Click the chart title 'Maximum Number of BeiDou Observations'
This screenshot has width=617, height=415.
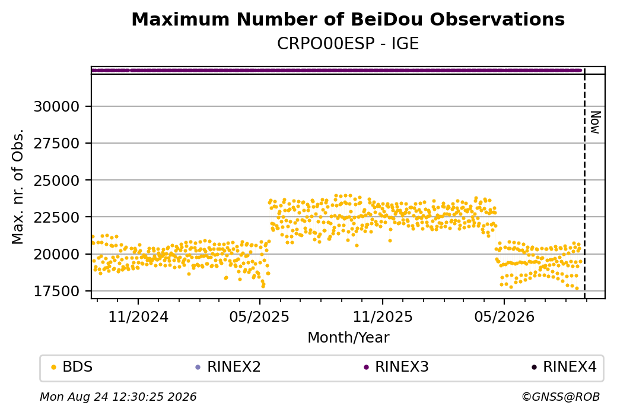pyautogui.click(x=348, y=19)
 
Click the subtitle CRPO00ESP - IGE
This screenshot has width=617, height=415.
pyautogui.click(x=348, y=44)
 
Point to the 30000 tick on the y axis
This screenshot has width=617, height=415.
pyautogui.click(x=57, y=106)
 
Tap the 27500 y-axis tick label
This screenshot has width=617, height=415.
pyautogui.click(x=57, y=143)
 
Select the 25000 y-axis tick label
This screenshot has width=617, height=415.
pyautogui.click(x=57, y=180)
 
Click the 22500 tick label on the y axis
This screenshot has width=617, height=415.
pyautogui.click(x=57, y=217)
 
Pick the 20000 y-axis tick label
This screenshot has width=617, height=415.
pyautogui.click(x=57, y=254)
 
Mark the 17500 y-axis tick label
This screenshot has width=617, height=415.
pyautogui.click(x=57, y=291)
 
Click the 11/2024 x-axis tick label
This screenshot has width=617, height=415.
pyautogui.click(x=138, y=316)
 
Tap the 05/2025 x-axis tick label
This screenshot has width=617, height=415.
pyautogui.click(x=259, y=316)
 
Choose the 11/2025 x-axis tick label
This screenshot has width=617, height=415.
pyautogui.click(x=383, y=316)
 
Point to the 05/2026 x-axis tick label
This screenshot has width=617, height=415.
pyautogui.click(x=504, y=316)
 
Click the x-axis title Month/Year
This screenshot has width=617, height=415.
pyautogui.click(x=348, y=337)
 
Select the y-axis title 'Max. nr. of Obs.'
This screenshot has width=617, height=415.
pyautogui.click(x=18, y=186)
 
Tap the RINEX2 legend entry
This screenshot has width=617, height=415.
pyautogui.click(x=228, y=367)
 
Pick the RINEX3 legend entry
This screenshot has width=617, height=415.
pyautogui.click(x=396, y=367)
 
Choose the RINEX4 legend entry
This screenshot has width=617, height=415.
pyautogui.click(x=564, y=367)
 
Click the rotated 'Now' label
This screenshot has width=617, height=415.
pyautogui.click(x=596, y=122)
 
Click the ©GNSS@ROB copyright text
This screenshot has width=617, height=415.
pyautogui.click(x=561, y=397)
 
